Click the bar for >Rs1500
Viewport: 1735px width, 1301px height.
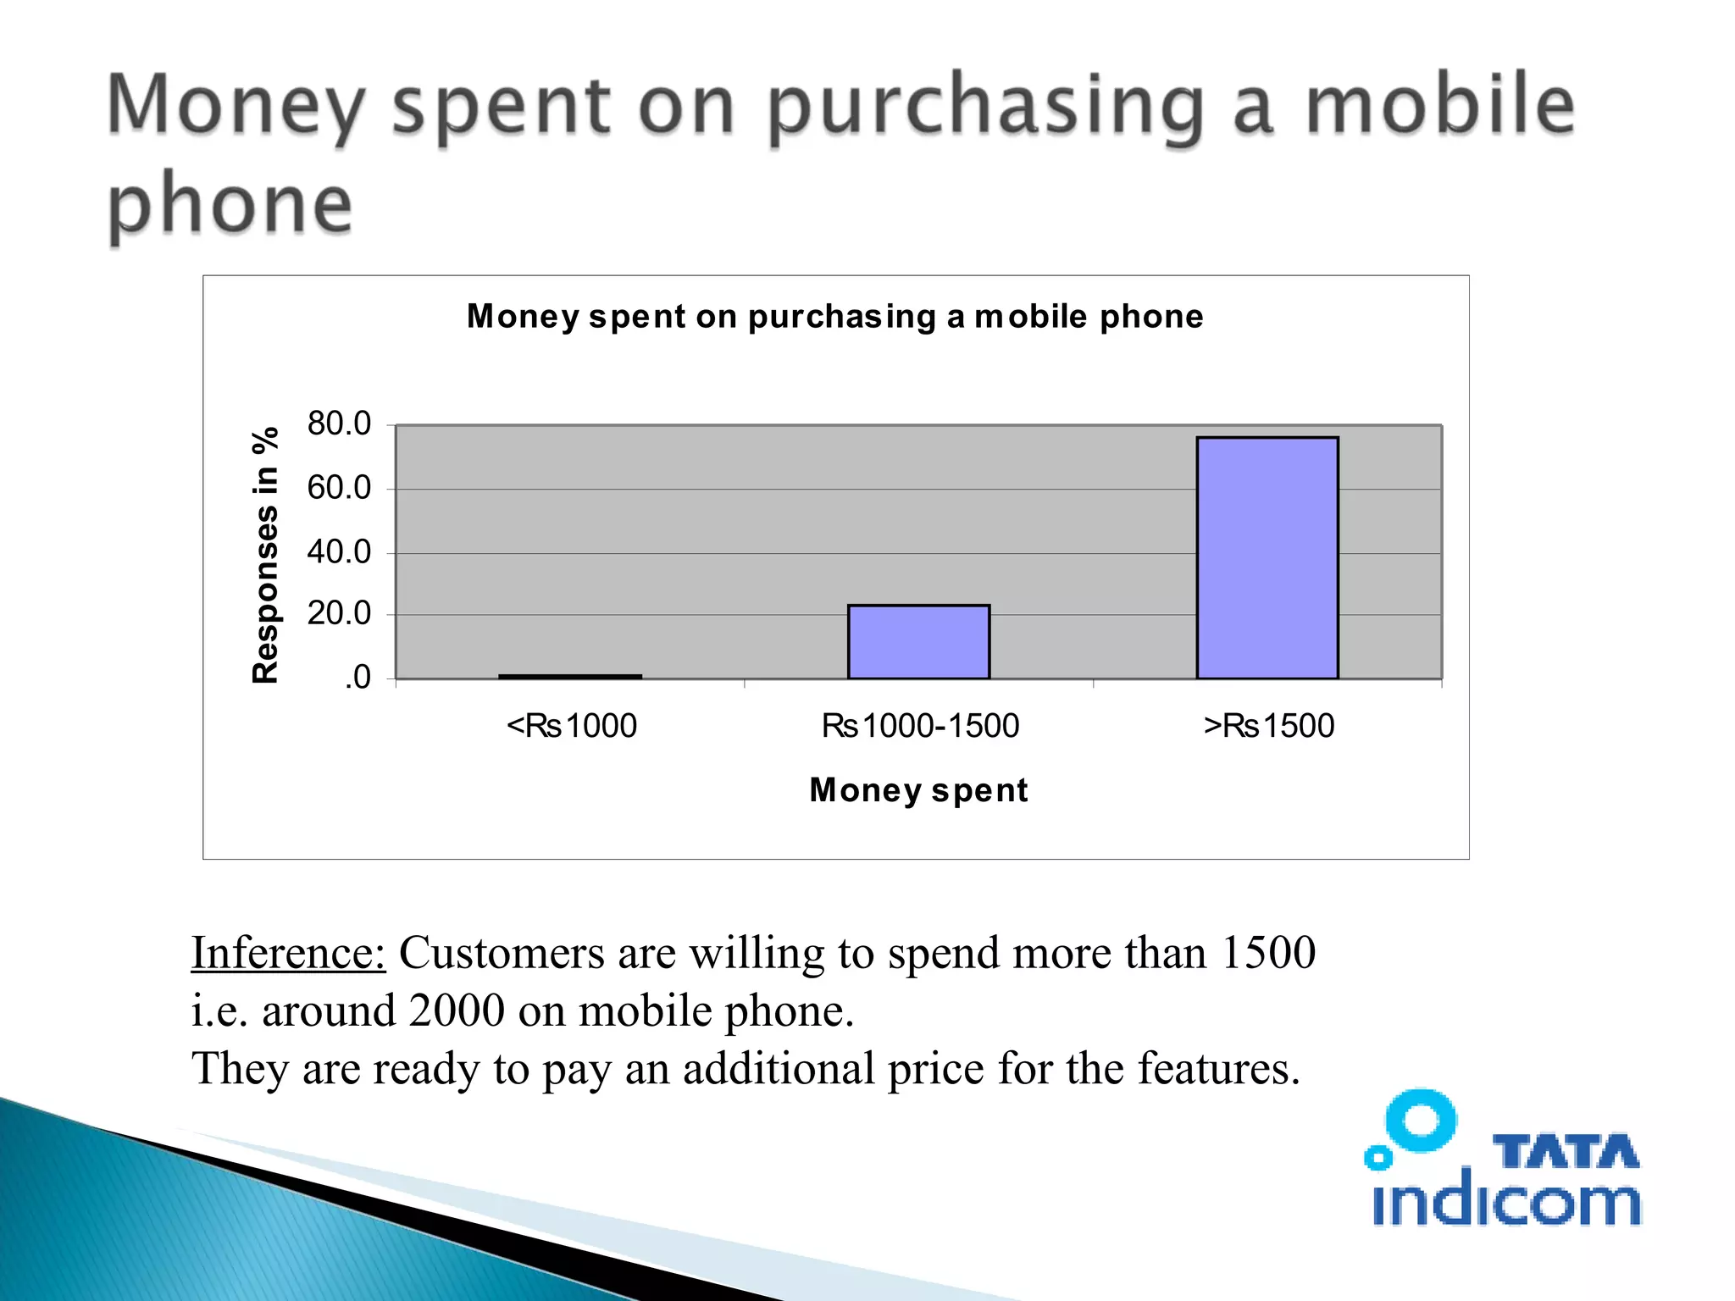point(1267,557)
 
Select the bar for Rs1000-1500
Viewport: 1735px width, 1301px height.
point(918,641)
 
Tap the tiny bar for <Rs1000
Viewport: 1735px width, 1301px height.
point(570,676)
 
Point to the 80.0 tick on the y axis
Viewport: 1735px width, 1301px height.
point(339,424)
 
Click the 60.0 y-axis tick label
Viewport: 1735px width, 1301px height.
point(339,488)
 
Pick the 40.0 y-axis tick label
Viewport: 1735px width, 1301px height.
point(339,552)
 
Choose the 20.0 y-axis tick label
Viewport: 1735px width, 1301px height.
point(339,614)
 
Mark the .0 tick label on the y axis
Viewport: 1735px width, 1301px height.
point(357,678)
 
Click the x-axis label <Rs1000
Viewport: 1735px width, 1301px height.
point(572,726)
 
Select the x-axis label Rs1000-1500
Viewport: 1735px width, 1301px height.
point(920,726)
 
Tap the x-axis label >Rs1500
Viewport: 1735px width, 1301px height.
point(1268,726)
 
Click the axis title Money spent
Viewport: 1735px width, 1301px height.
point(918,790)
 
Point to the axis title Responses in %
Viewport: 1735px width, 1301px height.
point(265,555)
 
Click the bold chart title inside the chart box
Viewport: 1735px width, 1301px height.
point(834,317)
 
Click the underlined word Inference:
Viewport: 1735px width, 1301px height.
point(288,953)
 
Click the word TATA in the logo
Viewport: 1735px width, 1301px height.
point(1566,1152)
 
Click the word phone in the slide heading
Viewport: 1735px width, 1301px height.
point(230,203)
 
